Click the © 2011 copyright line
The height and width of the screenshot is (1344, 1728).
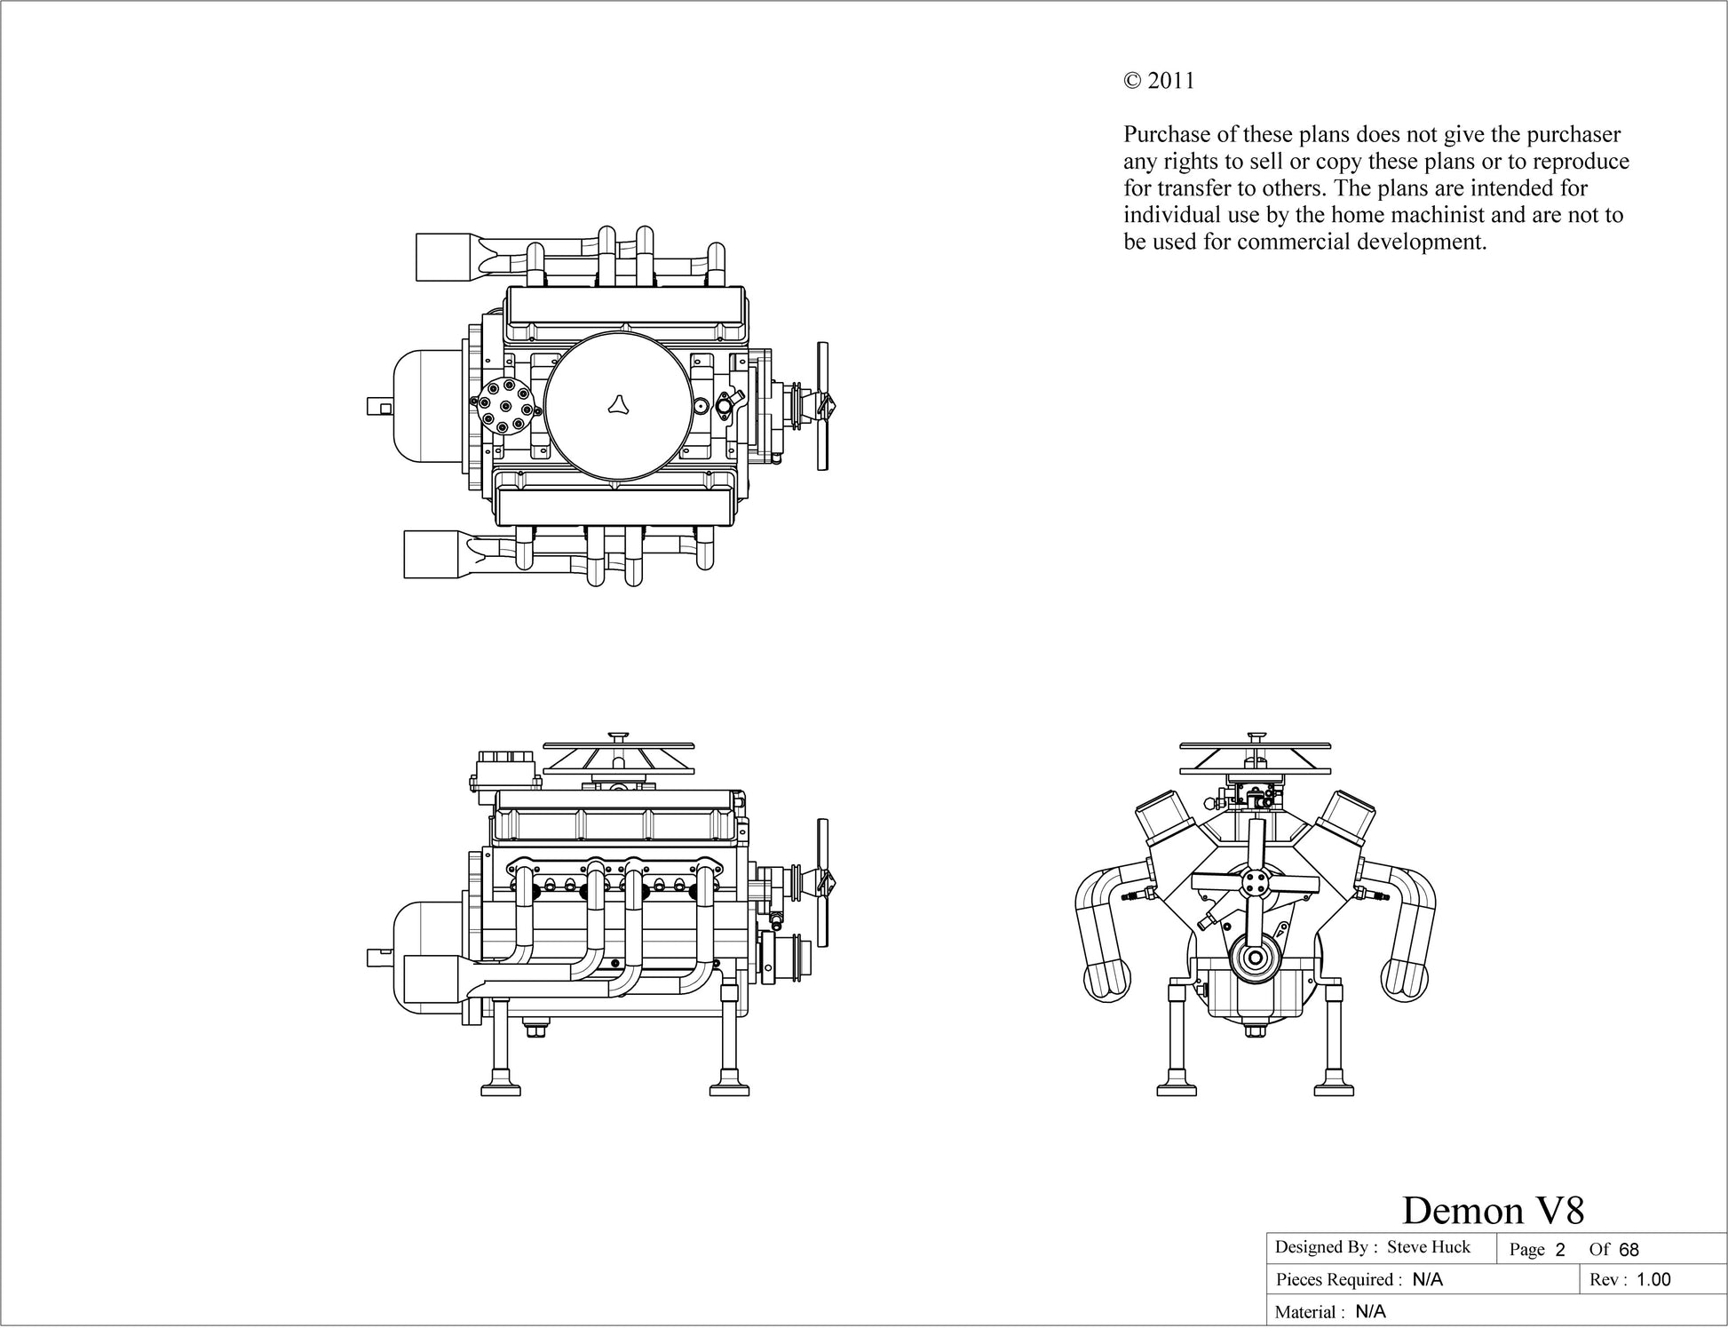pyautogui.click(x=1159, y=81)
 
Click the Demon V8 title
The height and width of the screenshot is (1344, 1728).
pyautogui.click(x=1493, y=1210)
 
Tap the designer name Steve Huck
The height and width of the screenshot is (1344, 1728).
pyautogui.click(x=1429, y=1247)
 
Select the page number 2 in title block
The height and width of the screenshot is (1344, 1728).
pyautogui.click(x=1559, y=1250)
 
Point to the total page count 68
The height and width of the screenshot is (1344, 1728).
pyautogui.click(x=1629, y=1250)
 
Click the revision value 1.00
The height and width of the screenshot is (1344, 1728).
pyautogui.click(x=1653, y=1280)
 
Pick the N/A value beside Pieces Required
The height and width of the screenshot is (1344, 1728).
pyautogui.click(x=1428, y=1280)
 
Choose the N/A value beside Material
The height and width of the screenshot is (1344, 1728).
pyautogui.click(x=1370, y=1312)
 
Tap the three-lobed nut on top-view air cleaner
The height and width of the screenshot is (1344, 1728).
pyautogui.click(x=618, y=404)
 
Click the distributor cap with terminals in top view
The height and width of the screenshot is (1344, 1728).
pyautogui.click(x=504, y=407)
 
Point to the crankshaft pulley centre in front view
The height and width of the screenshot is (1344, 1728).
pyautogui.click(x=1254, y=958)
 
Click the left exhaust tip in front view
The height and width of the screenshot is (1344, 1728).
pyautogui.click(x=1107, y=980)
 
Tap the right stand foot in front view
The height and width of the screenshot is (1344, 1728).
pyautogui.click(x=1334, y=1088)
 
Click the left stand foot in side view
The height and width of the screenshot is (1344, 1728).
pyautogui.click(x=502, y=1088)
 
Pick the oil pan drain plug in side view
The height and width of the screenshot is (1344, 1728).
pyautogui.click(x=535, y=1031)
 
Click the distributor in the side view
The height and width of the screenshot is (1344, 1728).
pyautogui.click(x=504, y=769)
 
